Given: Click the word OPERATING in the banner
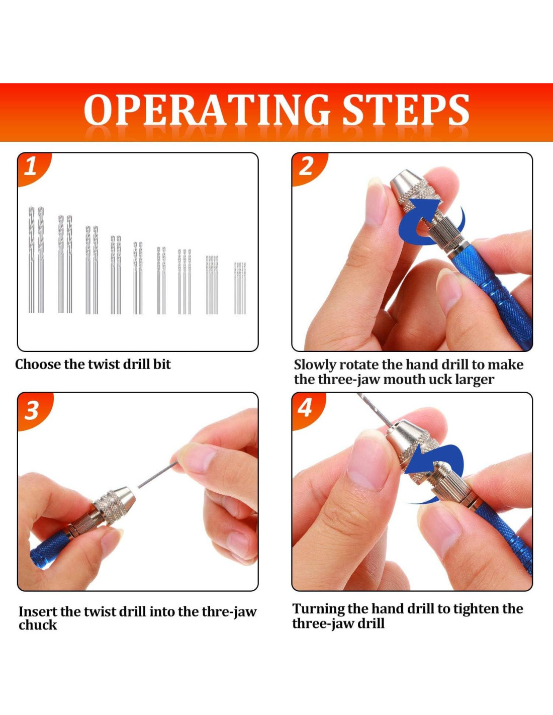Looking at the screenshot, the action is point(207,110).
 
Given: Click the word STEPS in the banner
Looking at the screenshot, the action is point(406,110).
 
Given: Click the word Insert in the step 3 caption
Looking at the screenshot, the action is point(38,612).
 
